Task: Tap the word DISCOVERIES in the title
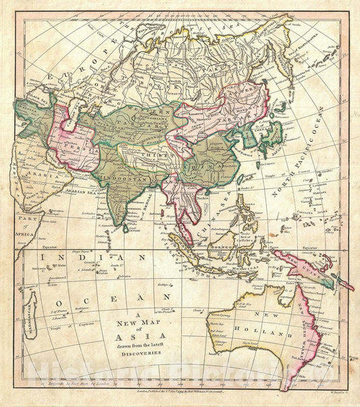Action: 136,341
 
